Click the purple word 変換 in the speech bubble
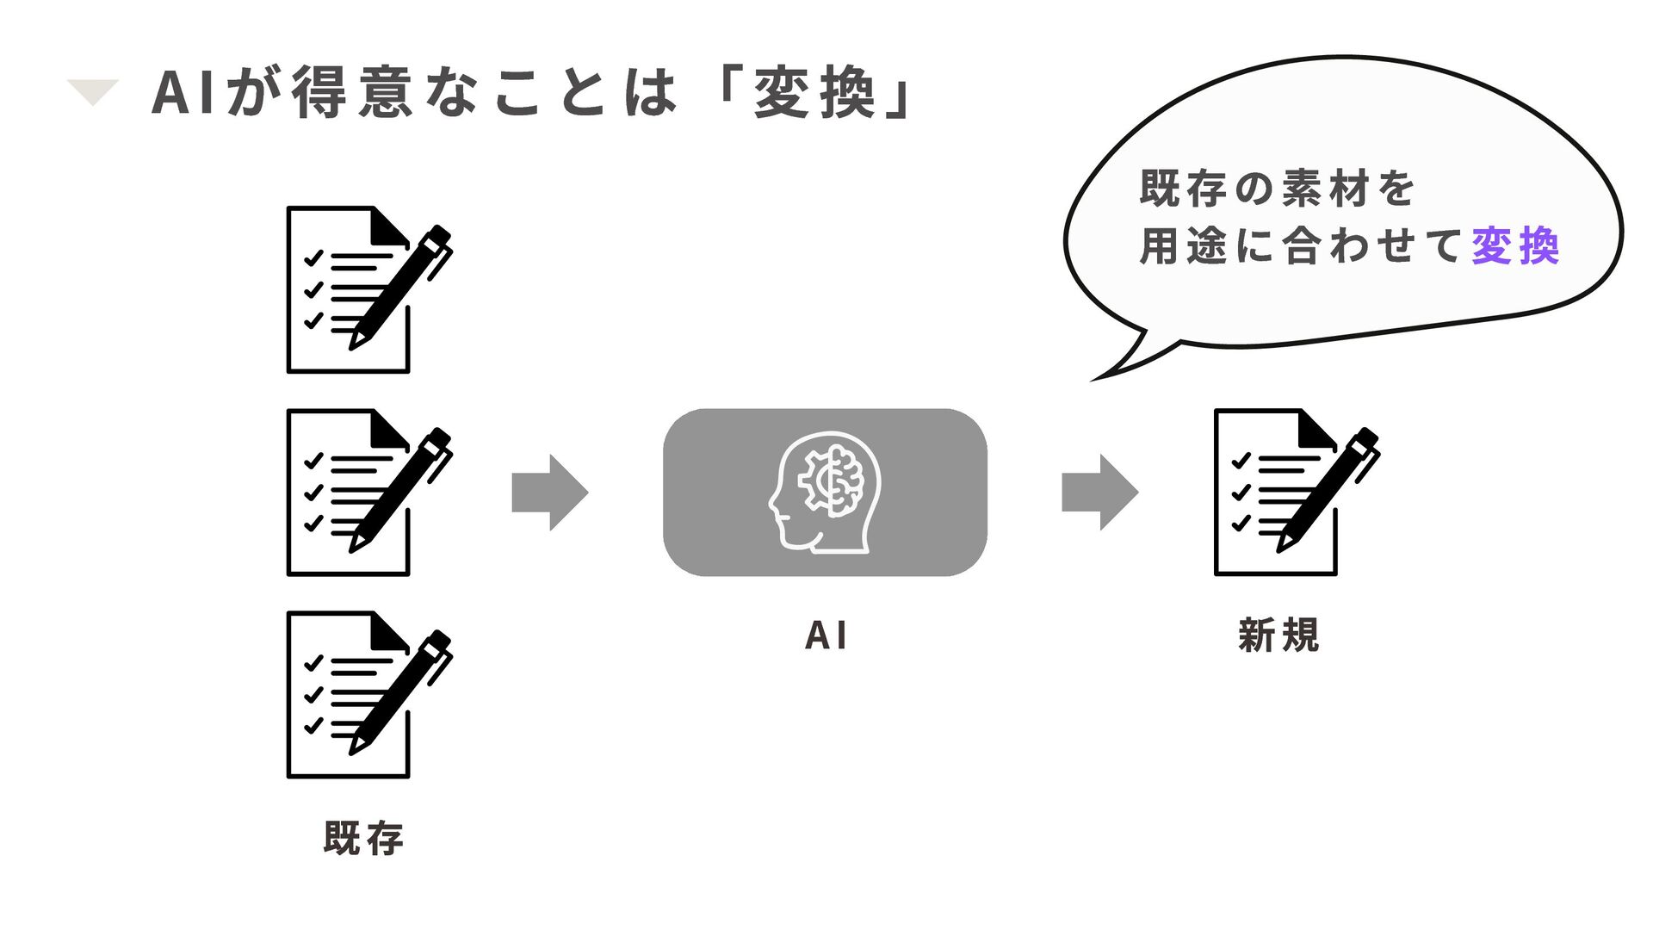point(1515,246)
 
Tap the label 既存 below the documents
point(363,838)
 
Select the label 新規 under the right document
point(1278,635)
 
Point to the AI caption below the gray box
point(826,636)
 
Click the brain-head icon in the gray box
point(825,492)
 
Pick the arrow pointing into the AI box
point(550,493)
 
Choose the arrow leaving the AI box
point(1099,493)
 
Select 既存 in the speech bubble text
point(1182,188)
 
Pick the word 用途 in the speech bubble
point(1182,246)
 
